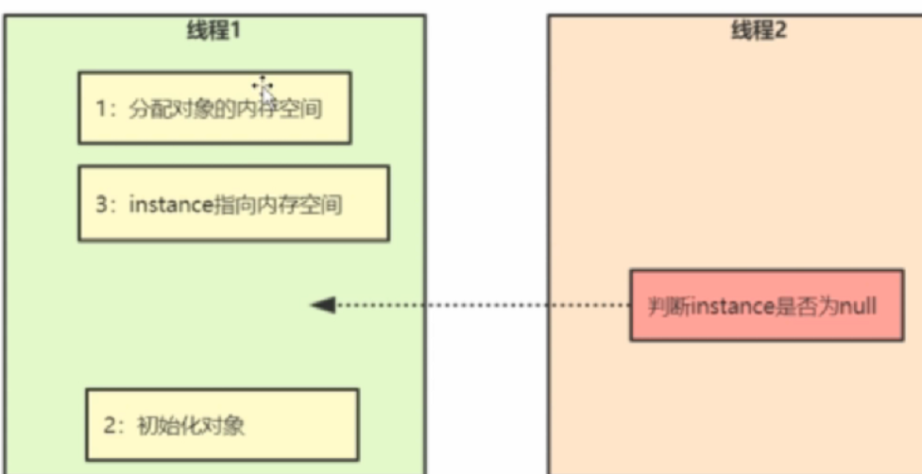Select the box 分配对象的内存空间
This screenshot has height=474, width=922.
coord(214,107)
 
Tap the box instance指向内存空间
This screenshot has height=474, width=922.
coord(233,203)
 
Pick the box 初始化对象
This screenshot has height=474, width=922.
coord(222,424)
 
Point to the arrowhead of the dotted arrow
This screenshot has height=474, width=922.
coord(322,305)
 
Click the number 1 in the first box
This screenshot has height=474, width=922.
coord(101,109)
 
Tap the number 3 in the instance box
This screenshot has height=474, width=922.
coord(101,205)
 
